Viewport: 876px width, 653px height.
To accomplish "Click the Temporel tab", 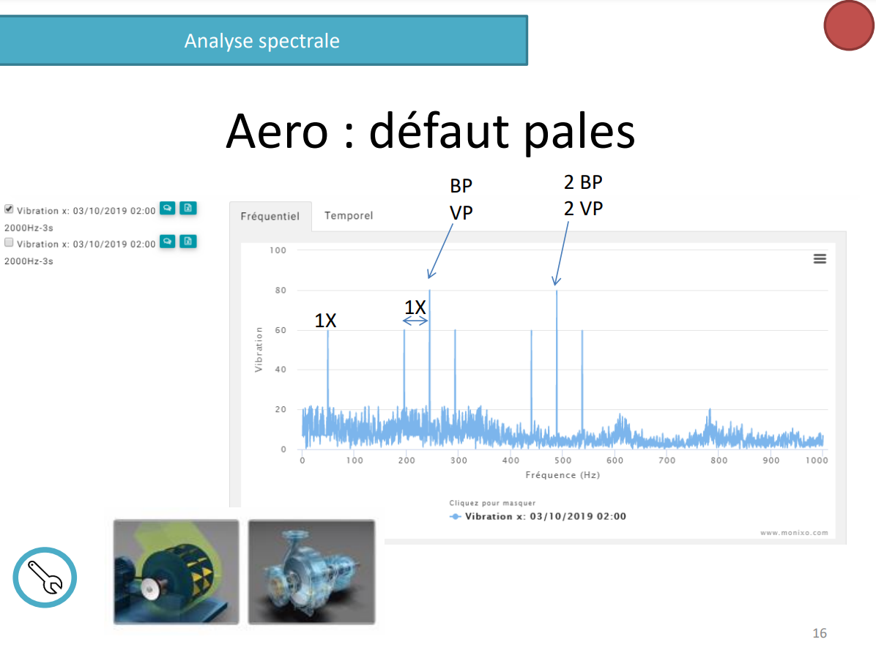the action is click(349, 216).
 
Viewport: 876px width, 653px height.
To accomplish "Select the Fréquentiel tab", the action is click(270, 216).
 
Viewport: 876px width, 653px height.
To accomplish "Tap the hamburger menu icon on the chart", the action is click(820, 258).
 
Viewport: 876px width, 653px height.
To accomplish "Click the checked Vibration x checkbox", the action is click(9, 209).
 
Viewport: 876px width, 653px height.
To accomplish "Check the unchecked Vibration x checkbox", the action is click(9, 242).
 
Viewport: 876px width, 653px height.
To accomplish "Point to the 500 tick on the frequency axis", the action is click(563, 460).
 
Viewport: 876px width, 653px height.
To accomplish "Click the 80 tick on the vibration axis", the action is click(281, 290).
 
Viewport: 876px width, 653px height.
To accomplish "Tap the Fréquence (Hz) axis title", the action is click(563, 475).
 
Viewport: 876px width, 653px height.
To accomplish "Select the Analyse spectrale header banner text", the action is click(262, 41).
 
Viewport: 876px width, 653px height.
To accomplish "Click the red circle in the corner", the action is click(849, 26).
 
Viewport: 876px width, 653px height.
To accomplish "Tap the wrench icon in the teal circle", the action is click(45, 577).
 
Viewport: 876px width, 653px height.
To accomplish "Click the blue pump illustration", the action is click(312, 572).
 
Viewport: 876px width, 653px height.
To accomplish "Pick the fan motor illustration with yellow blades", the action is click(176, 572).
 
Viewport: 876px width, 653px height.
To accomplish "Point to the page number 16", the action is click(820, 633).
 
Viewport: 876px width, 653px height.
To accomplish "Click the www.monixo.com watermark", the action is click(794, 532).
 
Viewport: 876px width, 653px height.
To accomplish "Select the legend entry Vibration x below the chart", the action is click(538, 516).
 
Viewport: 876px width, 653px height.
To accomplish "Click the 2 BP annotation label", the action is click(583, 182).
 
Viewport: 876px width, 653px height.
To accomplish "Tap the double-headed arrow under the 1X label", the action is click(415, 321).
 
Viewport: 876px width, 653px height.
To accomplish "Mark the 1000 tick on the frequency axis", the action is click(817, 460).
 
